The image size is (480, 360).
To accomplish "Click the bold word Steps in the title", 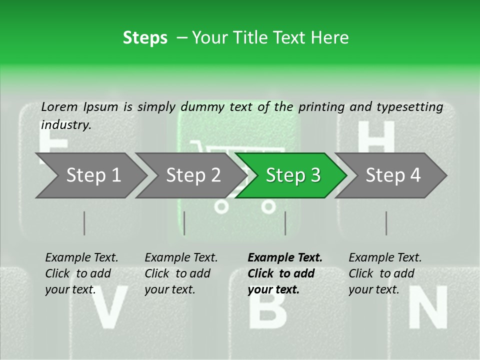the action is coord(145,38).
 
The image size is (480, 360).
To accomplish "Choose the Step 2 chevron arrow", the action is coord(191,175).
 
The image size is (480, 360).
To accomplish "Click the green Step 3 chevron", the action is coord(291,175).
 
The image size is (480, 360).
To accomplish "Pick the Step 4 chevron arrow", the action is coord(391,175).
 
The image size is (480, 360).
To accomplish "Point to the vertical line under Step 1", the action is coord(84,223).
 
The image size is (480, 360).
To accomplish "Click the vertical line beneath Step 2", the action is coord(184,223).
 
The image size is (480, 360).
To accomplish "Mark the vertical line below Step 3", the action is coord(285,223).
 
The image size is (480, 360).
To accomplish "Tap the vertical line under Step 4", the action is coord(386,223).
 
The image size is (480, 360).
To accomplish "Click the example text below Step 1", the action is coord(81,273).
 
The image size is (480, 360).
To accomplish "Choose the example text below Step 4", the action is coord(385,273).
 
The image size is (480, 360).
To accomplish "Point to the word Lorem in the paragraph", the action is coord(59,107).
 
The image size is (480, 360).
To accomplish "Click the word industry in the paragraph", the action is coord(66,125).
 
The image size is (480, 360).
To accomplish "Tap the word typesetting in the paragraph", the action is coord(410,107).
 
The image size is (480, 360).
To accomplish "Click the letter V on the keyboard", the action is coord(109,306).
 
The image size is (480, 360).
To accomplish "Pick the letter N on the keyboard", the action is coord(428,306).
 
